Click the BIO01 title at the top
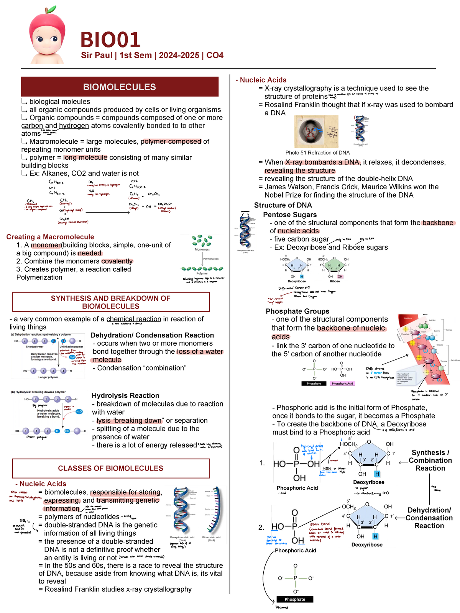110,40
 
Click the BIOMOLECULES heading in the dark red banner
120,87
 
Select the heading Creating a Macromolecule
50,237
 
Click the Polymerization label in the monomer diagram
211,259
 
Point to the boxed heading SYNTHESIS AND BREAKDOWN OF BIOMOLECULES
111,302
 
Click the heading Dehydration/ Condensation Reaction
152,335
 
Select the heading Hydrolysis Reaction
125,396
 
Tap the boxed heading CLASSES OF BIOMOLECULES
111,468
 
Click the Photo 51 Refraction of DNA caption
317,153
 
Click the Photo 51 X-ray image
316,131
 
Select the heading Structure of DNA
283,205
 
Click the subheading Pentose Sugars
290,215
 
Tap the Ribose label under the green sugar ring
335,281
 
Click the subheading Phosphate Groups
297,311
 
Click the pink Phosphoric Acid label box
342,384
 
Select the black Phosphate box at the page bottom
295,599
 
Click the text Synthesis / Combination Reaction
430,461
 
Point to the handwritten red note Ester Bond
320,524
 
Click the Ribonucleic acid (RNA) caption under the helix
211,539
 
